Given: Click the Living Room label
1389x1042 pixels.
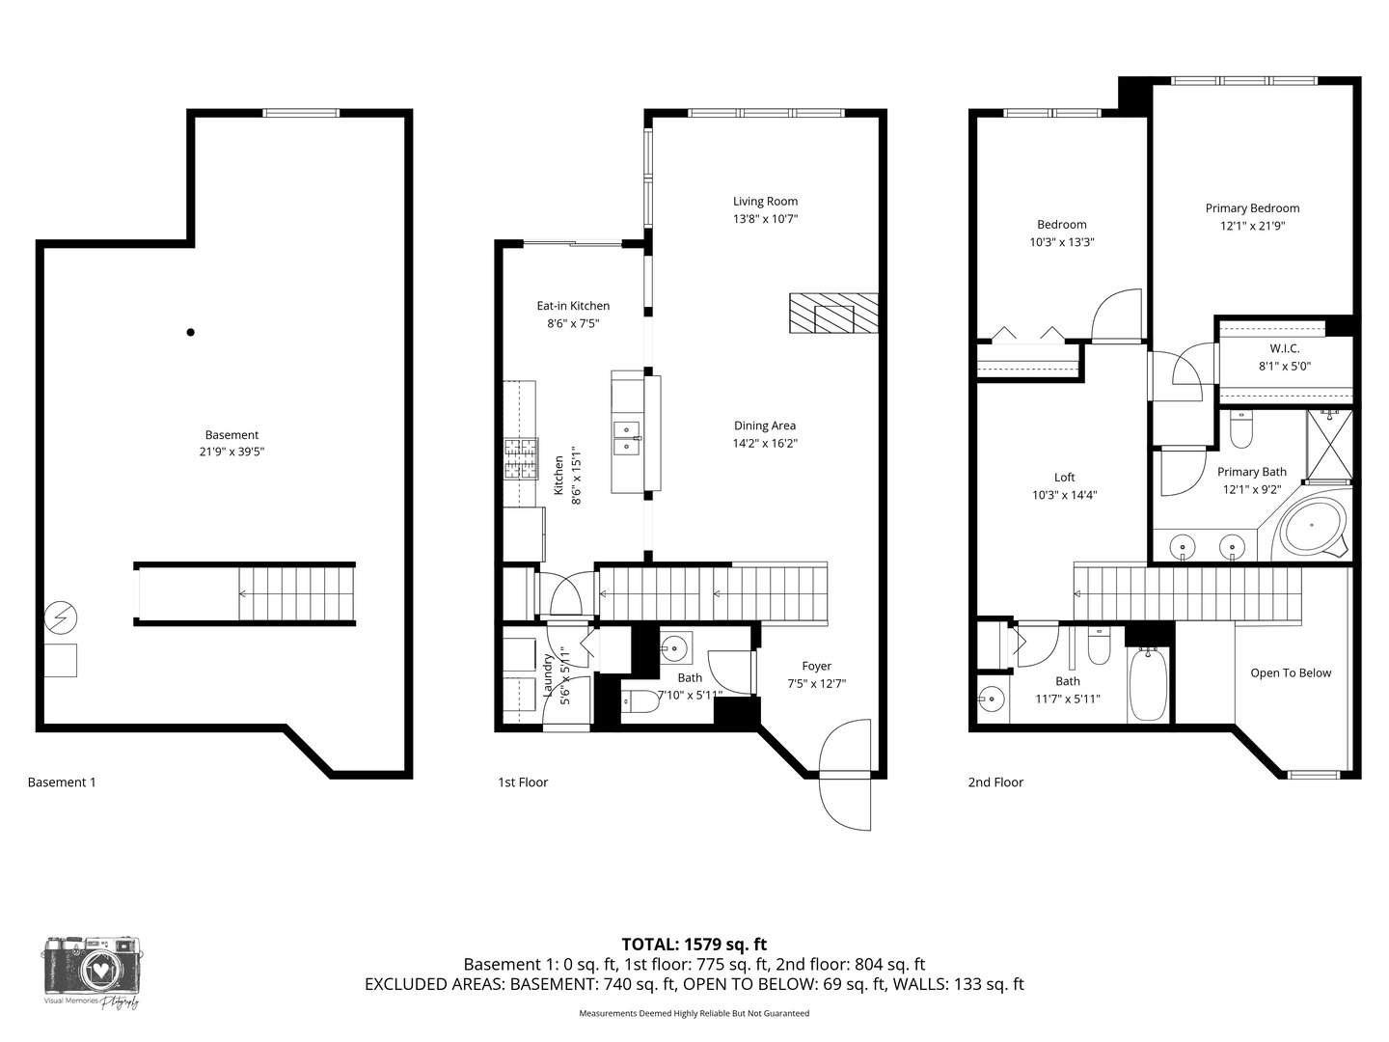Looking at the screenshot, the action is [x=765, y=202].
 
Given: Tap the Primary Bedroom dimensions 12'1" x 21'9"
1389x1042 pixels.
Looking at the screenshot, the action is [x=1252, y=226].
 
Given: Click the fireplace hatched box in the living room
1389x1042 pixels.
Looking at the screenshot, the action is [x=833, y=313].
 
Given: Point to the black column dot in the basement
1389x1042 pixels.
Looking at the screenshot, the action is [x=190, y=332].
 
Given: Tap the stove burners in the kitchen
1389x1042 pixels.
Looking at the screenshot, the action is [x=521, y=458].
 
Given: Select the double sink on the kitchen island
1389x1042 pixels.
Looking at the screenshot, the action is [x=626, y=438].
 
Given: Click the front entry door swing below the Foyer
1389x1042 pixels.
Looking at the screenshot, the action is [x=845, y=775].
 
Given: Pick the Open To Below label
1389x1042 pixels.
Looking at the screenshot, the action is [x=1291, y=673].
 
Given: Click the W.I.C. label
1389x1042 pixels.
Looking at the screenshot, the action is [x=1284, y=348].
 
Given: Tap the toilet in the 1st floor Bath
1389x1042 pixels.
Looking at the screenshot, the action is [x=640, y=701].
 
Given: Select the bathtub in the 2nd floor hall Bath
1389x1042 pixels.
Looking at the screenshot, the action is [x=1148, y=685].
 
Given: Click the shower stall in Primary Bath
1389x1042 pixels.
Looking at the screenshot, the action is [x=1329, y=445].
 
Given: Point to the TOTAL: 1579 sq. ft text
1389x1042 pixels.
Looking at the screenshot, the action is [x=694, y=945].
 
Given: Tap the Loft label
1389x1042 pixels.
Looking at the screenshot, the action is [x=1064, y=478].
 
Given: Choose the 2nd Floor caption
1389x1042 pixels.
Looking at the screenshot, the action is [x=995, y=781].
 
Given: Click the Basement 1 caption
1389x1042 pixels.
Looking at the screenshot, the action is [x=62, y=781].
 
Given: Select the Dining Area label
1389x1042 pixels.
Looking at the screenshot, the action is [x=764, y=425].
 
